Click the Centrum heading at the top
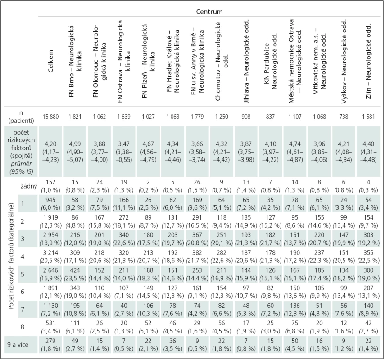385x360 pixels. click(209, 12)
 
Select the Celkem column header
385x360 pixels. click(51, 61)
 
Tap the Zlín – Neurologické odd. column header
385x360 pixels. click(368, 61)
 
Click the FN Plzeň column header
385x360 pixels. click(148, 61)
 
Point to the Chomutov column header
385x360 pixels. click(222, 61)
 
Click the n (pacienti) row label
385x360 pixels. click(21, 117)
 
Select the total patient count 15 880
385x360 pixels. click(51, 117)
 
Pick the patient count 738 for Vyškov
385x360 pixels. click(344, 117)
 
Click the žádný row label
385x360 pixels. click(29, 186)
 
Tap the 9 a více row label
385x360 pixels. click(18, 345)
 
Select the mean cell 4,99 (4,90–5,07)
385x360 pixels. click(75, 152)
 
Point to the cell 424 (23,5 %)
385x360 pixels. click(75, 274)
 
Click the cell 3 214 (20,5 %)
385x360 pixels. click(51, 256)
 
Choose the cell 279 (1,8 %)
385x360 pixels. click(51, 345)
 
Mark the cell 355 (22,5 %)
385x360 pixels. click(368, 256)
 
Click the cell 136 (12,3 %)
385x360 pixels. click(295, 310)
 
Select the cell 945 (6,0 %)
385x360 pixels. click(51, 204)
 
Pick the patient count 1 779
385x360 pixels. click(197, 117)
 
